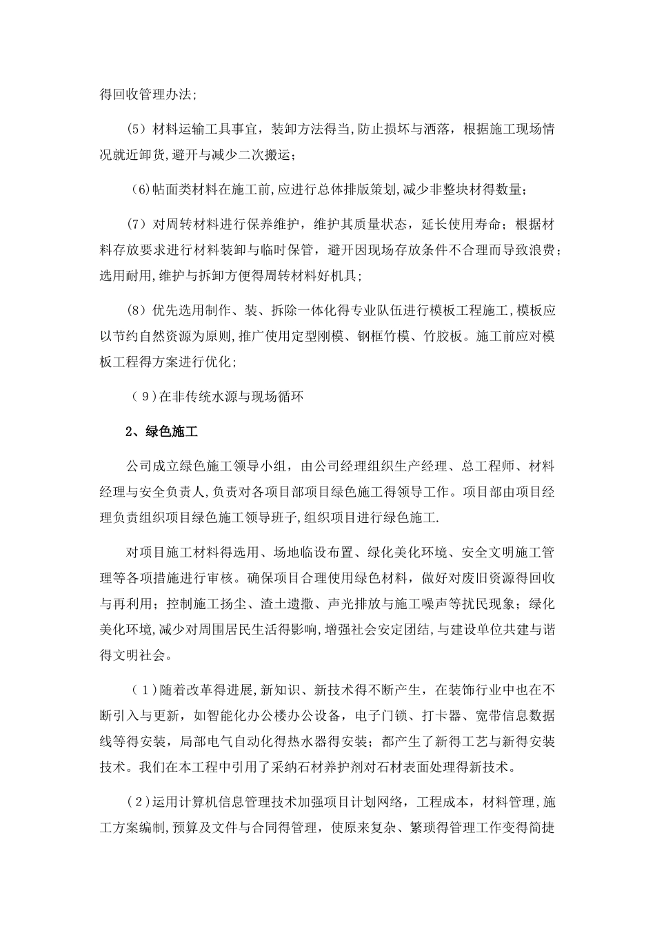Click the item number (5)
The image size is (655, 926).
click(x=137, y=129)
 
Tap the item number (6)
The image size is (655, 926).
click(x=140, y=189)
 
